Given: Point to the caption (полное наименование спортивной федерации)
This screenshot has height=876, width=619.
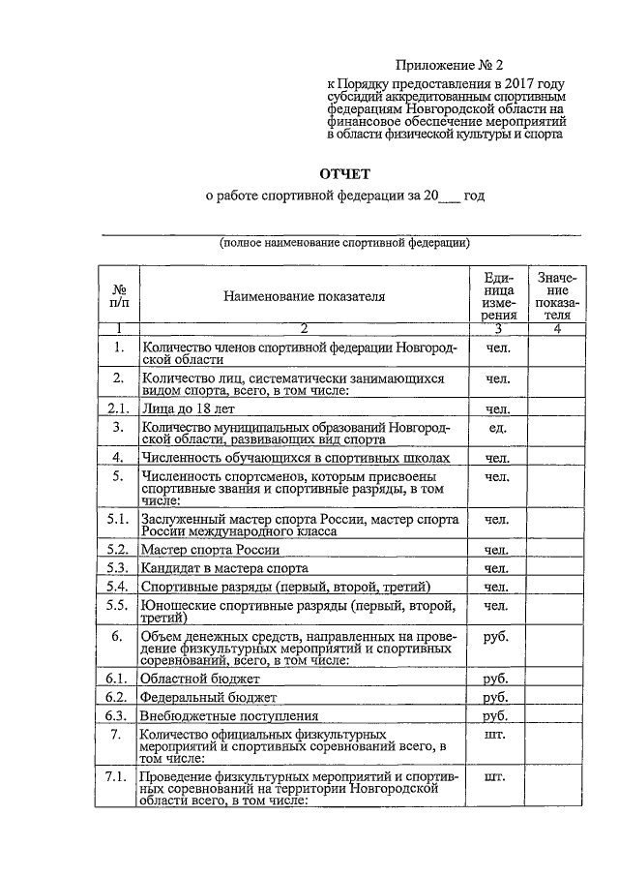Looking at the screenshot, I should coord(345,242).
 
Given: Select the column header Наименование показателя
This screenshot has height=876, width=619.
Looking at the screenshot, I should coord(304,295).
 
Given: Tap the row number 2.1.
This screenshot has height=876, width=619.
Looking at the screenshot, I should coord(118,408).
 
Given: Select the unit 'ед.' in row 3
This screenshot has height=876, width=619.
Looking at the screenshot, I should coord(498,427).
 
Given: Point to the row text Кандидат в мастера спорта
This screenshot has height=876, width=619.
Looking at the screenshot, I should coord(224,568).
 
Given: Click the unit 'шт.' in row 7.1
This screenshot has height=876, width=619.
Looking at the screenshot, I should coord(494,776).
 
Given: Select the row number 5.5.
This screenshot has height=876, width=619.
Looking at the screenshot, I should coord(118,606).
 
